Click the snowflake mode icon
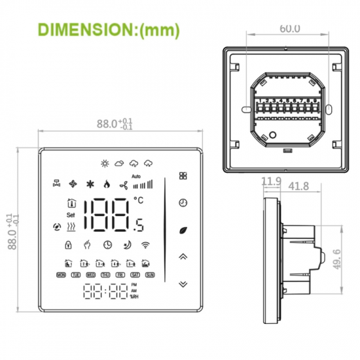[90, 184]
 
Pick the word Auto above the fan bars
[136, 176]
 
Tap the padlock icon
[67, 245]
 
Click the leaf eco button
[183, 230]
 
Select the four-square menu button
[183, 176]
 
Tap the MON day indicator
[62, 276]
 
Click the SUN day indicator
[150, 276]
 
